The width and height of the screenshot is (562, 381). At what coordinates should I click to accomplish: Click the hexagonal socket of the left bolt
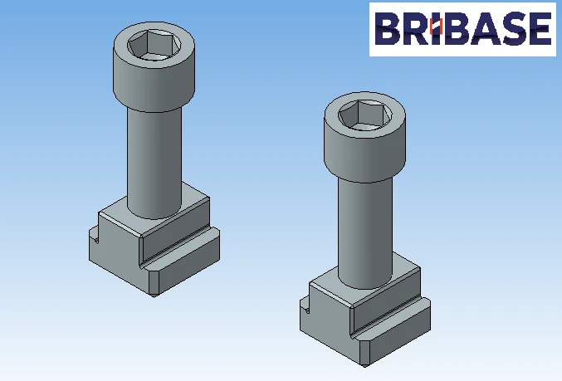tap(154, 43)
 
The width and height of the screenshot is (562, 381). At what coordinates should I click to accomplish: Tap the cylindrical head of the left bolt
tap(154, 79)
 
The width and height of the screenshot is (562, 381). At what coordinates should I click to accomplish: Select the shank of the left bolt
tap(154, 158)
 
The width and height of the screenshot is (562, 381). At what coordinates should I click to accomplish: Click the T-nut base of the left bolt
tap(154, 249)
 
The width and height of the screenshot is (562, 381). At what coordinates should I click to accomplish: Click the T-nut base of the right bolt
tap(365, 320)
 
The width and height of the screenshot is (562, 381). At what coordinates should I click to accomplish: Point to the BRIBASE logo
tap(462, 29)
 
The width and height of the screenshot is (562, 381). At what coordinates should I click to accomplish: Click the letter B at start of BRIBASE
tap(387, 29)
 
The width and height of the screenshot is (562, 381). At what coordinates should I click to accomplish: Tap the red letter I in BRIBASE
tap(442, 29)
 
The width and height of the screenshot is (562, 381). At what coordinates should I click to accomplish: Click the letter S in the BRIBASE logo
tap(513, 29)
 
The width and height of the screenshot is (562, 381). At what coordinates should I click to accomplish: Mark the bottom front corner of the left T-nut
tap(154, 293)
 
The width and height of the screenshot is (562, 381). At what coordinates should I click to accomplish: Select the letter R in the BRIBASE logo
tap(418, 29)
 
